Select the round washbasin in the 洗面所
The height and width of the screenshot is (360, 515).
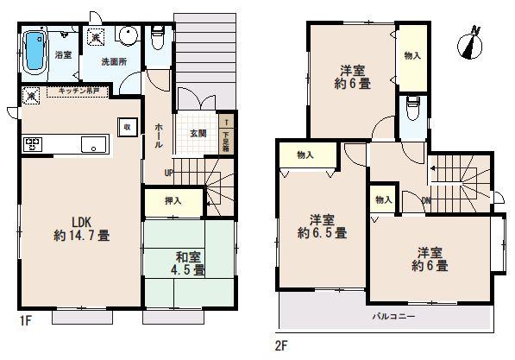[127, 37]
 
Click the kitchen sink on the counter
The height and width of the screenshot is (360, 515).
[92, 144]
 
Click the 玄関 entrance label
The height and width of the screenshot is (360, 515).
[198, 136]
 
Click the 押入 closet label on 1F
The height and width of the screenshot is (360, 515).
[174, 201]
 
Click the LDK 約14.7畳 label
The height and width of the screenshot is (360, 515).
[80, 226]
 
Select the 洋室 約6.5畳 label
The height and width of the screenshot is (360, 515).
[323, 224]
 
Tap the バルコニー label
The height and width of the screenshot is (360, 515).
[394, 316]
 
